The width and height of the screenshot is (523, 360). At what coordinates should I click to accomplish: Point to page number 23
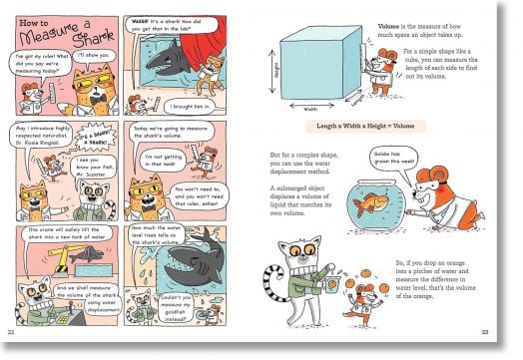tap(484, 332)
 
